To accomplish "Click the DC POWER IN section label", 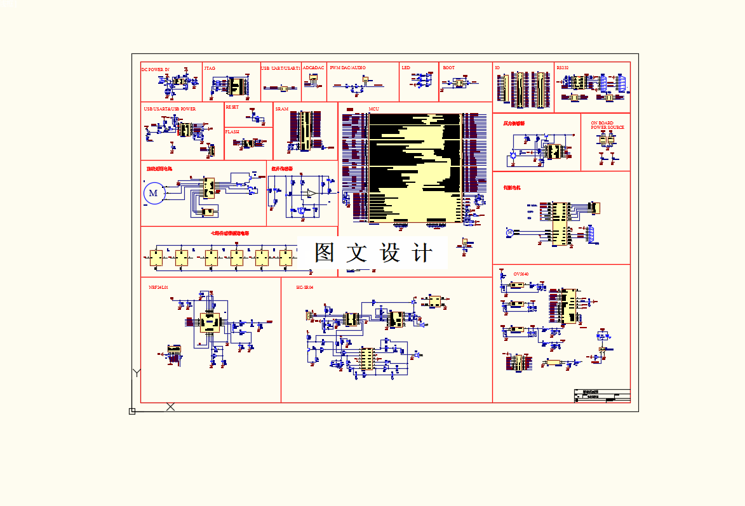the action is [x=155, y=69].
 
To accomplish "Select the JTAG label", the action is [x=210, y=68].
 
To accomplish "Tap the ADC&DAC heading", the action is [x=313, y=67].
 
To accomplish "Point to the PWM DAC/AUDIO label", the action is [x=347, y=67].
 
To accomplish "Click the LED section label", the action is [x=406, y=67].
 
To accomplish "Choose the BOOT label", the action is [x=448, y=67].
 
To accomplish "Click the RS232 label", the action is [x=562, y=67].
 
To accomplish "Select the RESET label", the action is [x=232, y=107].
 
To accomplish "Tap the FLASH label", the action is [x=232, y=131].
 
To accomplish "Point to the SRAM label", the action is [x=282, y=109].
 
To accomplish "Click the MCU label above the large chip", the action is [x=373, y=109].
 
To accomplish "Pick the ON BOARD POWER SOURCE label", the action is [x=607, y=125].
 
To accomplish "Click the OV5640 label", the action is [x=521, y=274].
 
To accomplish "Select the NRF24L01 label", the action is [x=158, y=287].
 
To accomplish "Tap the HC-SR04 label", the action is [x=305, y=287].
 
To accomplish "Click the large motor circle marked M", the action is [x=153, y=193].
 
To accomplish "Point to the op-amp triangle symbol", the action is [x=311, y=193].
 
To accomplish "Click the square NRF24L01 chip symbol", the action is [x=210, y=323].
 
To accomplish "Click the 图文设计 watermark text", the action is [x=373, y=253].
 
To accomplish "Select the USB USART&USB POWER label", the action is [x=170, y=109].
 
